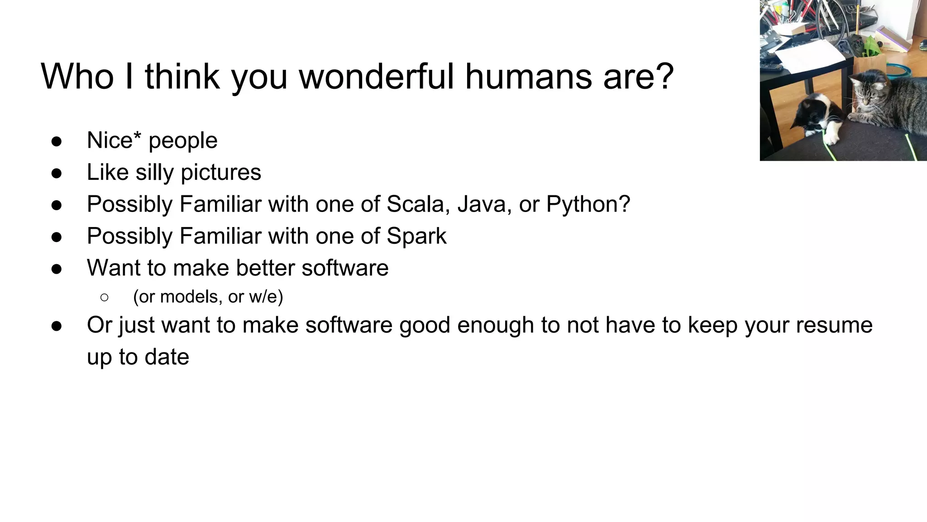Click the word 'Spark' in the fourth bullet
416,236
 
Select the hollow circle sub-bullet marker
104,297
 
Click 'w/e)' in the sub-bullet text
266,297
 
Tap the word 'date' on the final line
167,357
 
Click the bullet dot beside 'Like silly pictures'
57,173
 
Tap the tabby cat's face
865,96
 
